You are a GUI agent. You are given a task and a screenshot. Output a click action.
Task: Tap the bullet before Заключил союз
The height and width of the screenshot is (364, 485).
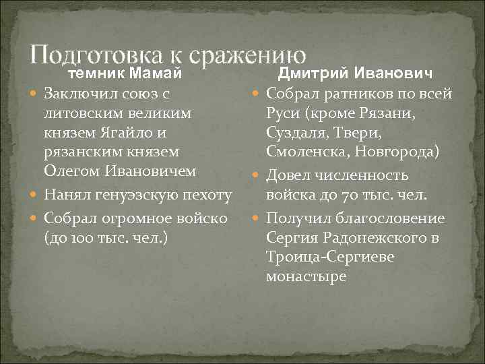pyautogui.click(x=35, y=92)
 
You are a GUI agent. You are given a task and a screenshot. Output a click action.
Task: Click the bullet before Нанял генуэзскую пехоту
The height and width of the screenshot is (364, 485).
pyautogui.click(x=35, y=196)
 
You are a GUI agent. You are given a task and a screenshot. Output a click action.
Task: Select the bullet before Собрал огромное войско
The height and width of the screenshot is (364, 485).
pyautogui.click(x=35, y=218)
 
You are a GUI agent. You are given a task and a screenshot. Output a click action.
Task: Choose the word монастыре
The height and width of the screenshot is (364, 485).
pyautogui.click(x=306, y=276)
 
